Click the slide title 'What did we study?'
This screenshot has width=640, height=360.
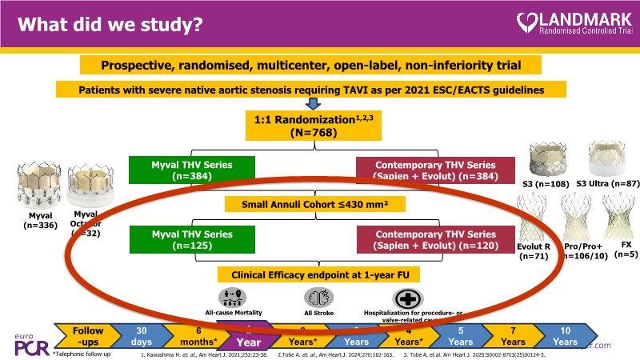click(x=111, y=25)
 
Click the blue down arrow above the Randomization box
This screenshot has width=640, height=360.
click(x=313, y=102)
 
